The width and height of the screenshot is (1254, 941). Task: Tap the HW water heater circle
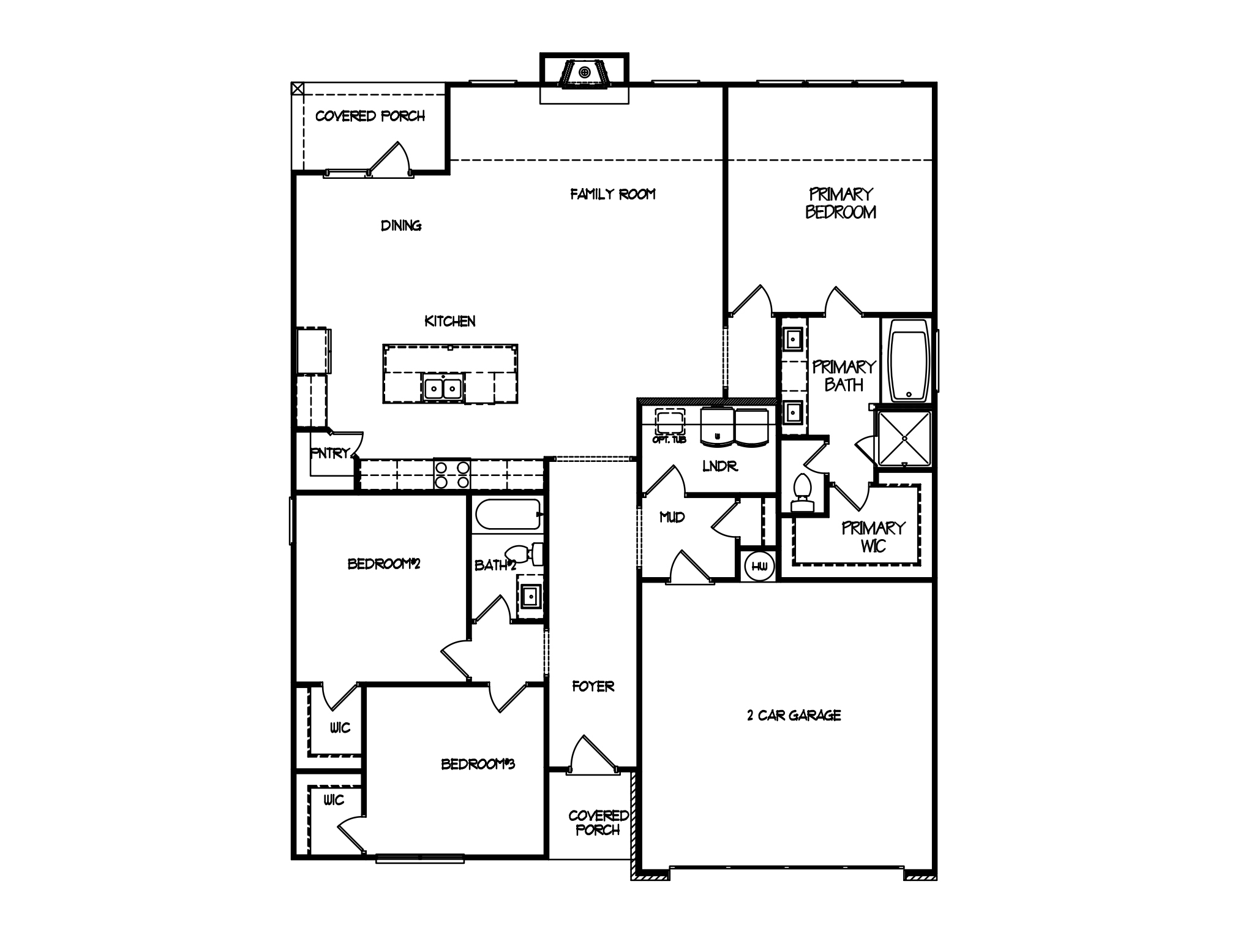pos(759,566)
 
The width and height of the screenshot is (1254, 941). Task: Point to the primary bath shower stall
pos(904,439)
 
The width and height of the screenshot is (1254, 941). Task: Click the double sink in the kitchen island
pos(442,388)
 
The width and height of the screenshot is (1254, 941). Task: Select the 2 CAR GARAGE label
pos(794,716)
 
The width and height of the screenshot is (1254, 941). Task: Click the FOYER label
pos(593,687)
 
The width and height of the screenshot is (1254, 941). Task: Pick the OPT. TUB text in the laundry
pos(669,440)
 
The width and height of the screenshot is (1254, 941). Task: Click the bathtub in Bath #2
pos(508,515)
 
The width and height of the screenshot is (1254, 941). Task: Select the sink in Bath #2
pos(530,594)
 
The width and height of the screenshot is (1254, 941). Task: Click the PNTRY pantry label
pos(330,453)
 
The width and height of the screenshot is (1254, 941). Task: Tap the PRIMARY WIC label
pos(873,537)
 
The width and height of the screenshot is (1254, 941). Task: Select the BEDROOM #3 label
pos(478,765)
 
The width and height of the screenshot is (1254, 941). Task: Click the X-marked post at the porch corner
pos(297,89)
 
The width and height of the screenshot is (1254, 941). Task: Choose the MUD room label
pos(672,518)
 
